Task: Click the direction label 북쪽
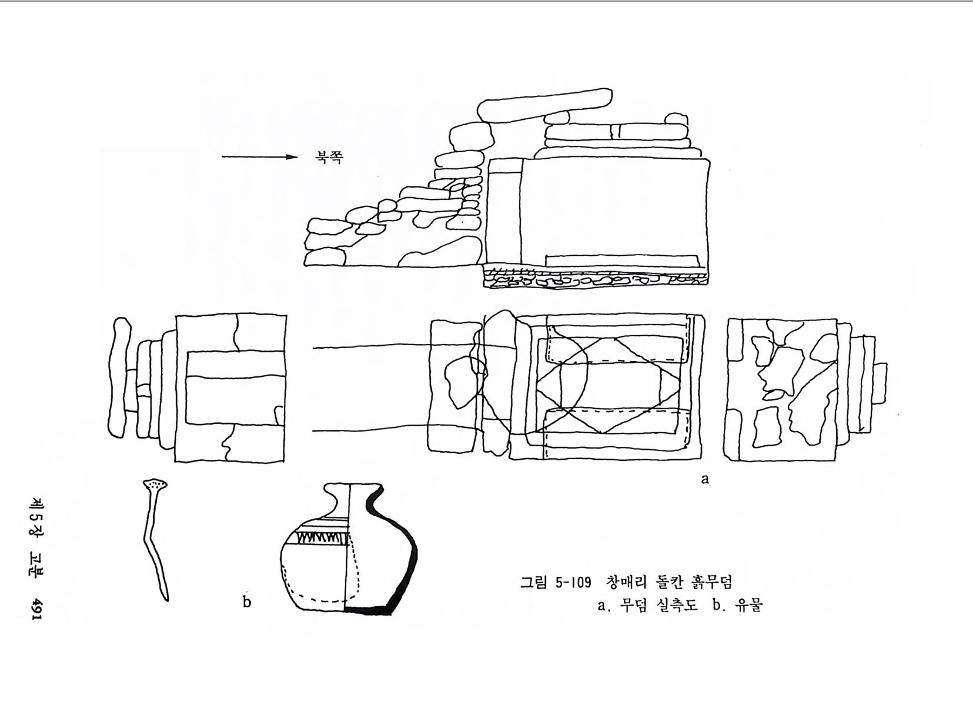[329, 156]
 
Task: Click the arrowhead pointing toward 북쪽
[291, 157]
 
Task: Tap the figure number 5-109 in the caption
[573, 582]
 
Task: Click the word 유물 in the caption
[749, 605]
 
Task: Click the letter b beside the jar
[247, 602]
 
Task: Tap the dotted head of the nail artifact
[155, 483]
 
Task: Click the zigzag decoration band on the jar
[322, 538]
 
